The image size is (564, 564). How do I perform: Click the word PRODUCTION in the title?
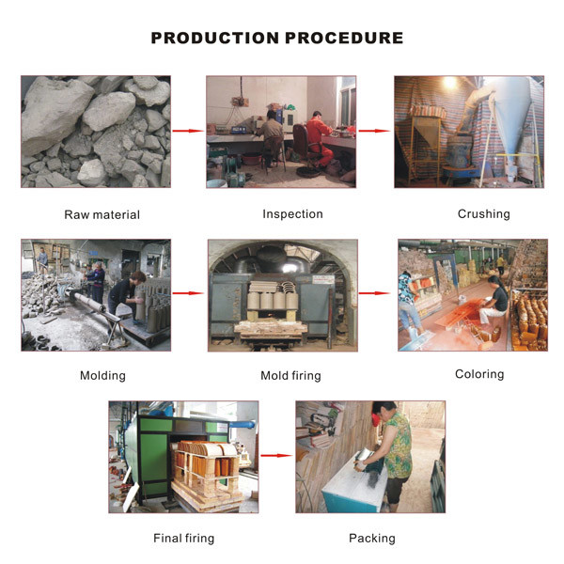point(214,38)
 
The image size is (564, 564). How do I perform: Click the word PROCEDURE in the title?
point(344,38)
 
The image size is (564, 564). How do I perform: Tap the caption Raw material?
point(102,214)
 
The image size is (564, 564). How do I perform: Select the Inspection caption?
point(292,214)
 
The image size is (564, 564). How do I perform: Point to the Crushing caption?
point(484,214)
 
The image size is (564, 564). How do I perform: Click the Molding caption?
point(102,376)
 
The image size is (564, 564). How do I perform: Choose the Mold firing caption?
point(290,376)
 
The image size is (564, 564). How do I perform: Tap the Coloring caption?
point(479,374)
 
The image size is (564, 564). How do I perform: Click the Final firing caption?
point(184,539)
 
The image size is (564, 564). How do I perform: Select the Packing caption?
point(372,539)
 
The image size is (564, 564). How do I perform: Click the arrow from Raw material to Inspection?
point(188,131)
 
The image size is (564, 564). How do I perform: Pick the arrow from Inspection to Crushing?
point(374,131)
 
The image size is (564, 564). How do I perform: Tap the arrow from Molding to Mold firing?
point(188,293)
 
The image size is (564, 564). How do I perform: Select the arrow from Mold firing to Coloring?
point(374,293)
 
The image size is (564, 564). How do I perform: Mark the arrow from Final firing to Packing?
point(276,456)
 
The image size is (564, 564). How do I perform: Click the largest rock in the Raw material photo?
point(54,114)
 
